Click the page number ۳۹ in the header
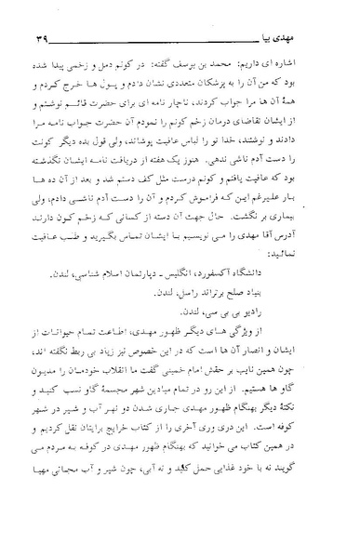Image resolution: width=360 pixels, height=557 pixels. [x=42, y=15]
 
